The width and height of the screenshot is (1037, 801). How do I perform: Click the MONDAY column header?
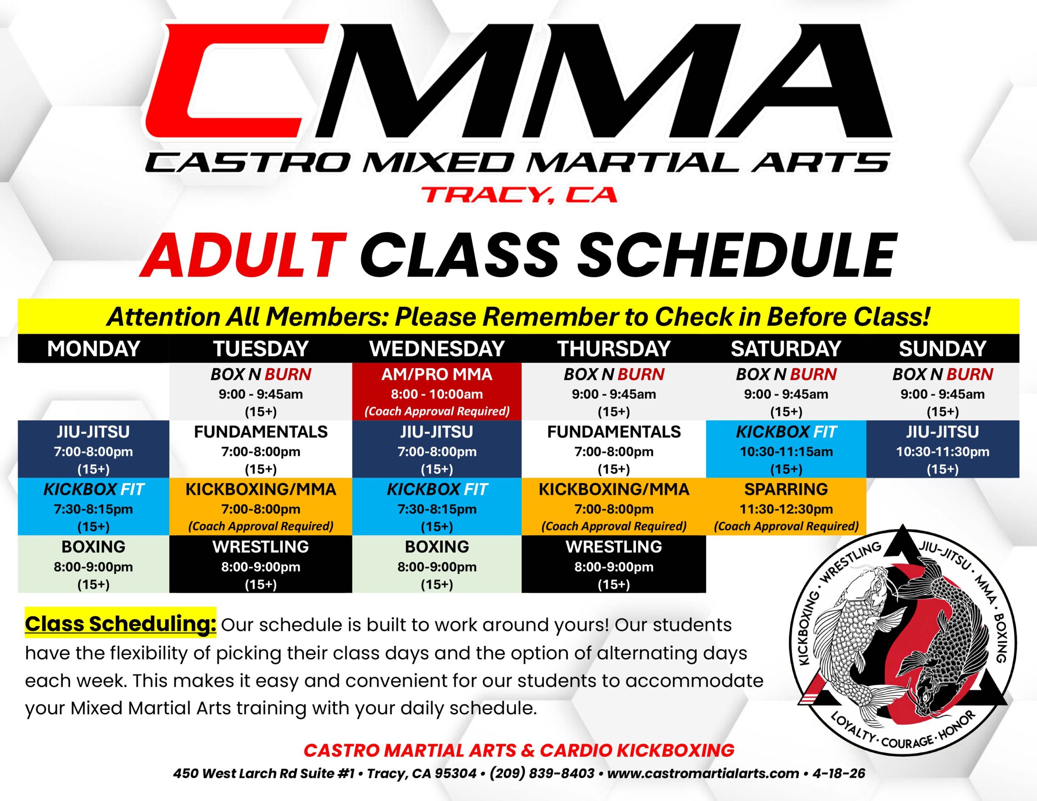[x=94, y=349]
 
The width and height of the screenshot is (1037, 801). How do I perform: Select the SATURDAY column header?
[x=786, y=349]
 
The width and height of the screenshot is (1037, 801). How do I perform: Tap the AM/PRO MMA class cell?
[x=437, y=392]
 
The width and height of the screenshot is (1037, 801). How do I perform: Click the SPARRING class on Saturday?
[x=786, y=507]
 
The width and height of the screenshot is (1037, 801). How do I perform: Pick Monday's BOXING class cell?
[x=94, y=564]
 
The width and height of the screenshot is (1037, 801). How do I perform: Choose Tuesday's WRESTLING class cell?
[x=261, y=564]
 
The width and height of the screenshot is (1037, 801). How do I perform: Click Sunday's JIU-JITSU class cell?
[x=943, y=449]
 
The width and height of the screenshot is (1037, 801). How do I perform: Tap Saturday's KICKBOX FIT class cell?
[x=786, y=449]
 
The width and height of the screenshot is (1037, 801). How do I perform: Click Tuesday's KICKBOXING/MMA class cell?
[x=261, y=507]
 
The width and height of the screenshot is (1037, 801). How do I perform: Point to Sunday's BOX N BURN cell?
[x=943, y=392]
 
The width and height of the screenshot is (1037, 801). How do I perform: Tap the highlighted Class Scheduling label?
[x=121, y=624]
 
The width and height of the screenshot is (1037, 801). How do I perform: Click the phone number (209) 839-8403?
[x=542, y=773]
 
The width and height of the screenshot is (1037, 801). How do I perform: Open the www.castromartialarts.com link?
[x=703, y=773]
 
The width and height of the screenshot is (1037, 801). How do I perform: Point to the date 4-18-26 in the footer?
[x=839, y=773]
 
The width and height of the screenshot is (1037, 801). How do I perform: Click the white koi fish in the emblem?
[x=850, y=641]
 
